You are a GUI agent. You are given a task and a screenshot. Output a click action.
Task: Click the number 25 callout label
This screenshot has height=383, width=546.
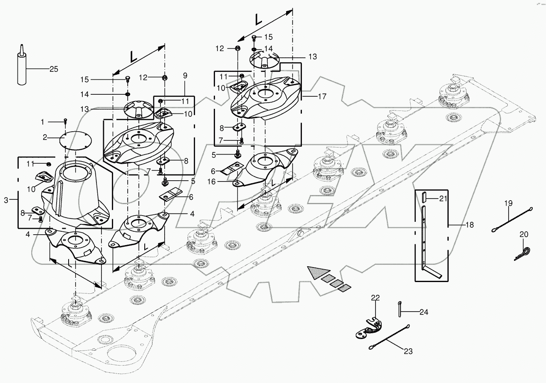click(x=54, y=69)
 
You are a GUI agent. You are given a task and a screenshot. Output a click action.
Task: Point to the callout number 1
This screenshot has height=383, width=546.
click(x=42, y=122)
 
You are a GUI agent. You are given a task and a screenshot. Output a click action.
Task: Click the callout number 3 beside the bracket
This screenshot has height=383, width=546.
click(x=6, y=200)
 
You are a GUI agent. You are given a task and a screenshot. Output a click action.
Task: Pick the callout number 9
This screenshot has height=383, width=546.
click(x=185, y=75)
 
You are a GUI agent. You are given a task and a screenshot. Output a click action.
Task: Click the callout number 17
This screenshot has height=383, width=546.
click(x=322, y=96)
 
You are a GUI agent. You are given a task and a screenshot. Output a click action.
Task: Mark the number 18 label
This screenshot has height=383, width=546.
click(x=469, y=225)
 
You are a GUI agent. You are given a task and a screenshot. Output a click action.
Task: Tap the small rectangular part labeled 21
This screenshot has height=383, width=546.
click(x=423, y=197)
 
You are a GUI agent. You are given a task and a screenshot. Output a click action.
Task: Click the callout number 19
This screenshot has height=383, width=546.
click(x=508, y=203)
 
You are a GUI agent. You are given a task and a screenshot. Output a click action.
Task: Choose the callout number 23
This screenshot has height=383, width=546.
click(x=408, y=351)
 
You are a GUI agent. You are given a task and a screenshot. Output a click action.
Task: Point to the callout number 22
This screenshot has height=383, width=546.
click(x=376, y=297)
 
